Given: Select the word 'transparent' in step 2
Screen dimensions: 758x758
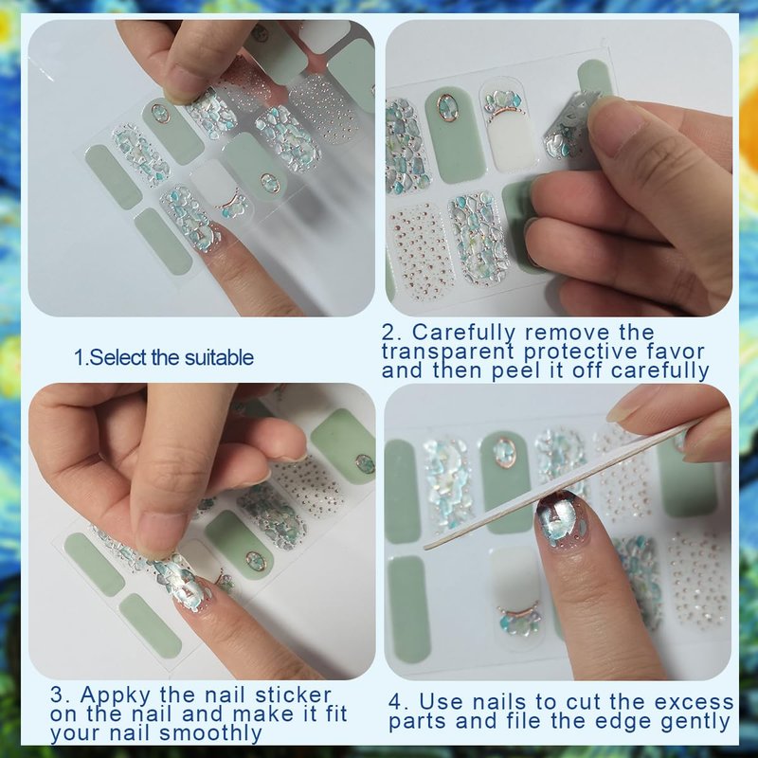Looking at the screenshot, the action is pos(447,352).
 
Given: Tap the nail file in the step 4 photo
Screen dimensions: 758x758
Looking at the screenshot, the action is pos(561,486).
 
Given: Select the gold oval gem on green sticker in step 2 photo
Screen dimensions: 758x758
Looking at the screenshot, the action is pos(448,107).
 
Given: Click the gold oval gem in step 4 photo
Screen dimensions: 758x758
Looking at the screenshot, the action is pos(504,452).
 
